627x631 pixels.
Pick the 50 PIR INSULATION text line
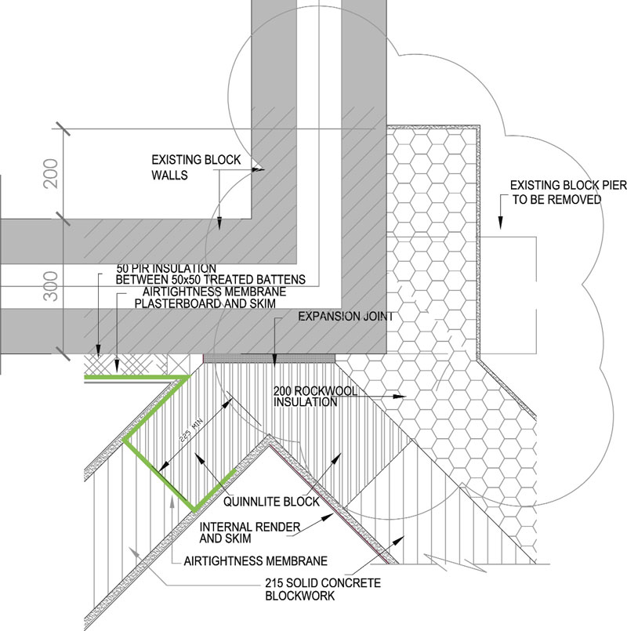tap(166, 268)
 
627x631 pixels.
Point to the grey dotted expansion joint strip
tap(270, 357)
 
